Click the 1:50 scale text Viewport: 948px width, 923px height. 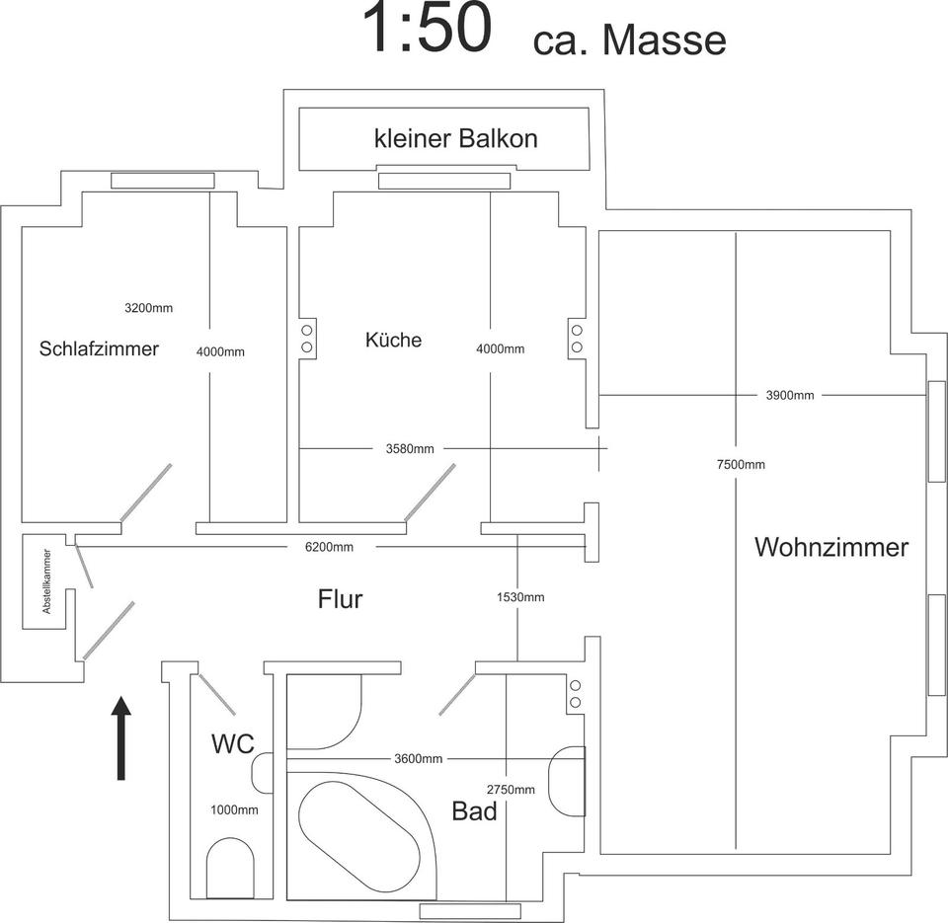pos(427,30)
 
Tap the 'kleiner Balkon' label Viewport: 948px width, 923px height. pos(456,138)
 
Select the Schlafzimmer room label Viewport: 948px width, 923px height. pos(99,348)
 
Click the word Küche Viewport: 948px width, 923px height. pos(393,341)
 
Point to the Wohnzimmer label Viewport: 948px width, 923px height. pos(831,547)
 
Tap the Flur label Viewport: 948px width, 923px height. pos(341,598)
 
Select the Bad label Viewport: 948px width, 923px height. pos(474,812)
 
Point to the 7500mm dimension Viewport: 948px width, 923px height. pos(741,465)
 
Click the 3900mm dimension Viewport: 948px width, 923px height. pos(790,396)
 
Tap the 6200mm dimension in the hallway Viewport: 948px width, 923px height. pos(329,547)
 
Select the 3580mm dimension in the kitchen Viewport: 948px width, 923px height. pos(410,449)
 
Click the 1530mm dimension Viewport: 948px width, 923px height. pos(520,597)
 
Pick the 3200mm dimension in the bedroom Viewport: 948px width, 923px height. pos(148,308)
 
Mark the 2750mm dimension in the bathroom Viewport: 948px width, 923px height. pos(511,790)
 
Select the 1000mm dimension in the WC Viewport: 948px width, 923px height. pos(234,810)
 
